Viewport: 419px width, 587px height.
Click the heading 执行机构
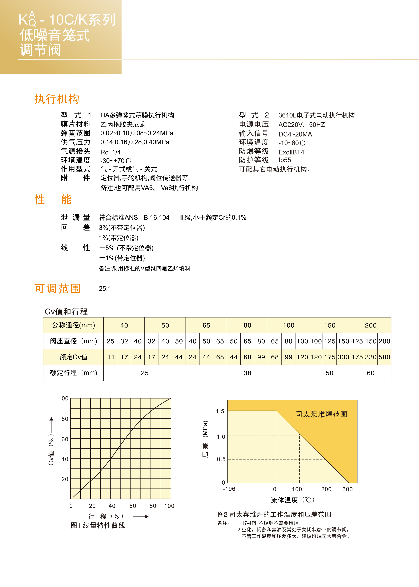click(57, 99)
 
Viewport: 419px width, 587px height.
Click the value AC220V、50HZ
click(301, 125)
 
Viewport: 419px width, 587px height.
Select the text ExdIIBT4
click(291, 152)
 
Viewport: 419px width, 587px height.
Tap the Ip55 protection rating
click(285, 160)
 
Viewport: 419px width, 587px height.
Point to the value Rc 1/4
click(110, 152)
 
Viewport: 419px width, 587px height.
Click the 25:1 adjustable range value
click(105, 288)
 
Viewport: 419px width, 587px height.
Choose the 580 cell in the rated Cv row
click(384, 357)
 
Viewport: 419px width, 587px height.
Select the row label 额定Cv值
click(73, 357)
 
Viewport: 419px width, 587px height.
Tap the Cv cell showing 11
click(111, 357)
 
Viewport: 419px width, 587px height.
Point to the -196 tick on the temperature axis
click(229, 489)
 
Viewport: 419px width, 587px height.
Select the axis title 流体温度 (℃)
click(293, 500)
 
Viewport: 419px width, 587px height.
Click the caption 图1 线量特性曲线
click(98, 526)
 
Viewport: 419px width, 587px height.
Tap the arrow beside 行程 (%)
click(141, 516)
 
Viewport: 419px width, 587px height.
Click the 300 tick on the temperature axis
click(347, 489)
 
